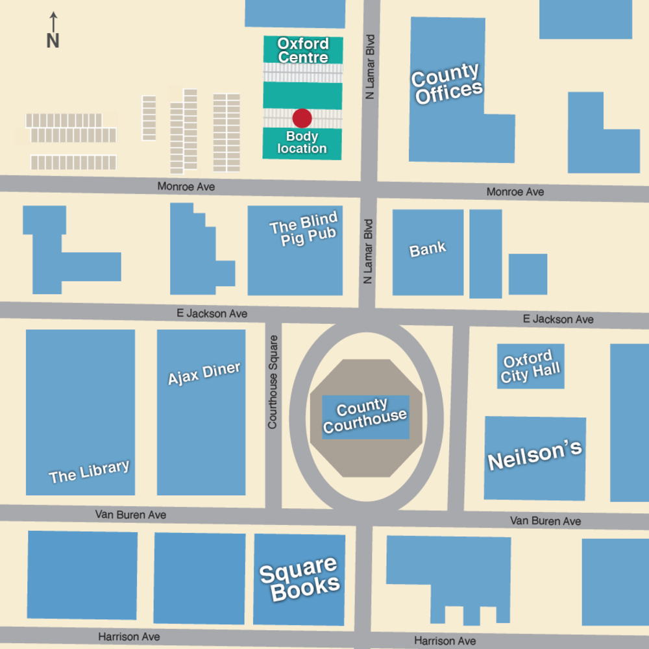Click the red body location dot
(x=302, y=118)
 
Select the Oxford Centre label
(x=303, y=50)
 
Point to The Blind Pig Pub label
(x=304, y=232)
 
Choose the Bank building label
(x=428, y=249)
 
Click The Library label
(x=90, y=472)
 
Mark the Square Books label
(x=299, y=578)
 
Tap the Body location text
(x=302, y=143)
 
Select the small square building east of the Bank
(x=528, y=274)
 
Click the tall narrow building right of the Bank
(x=485, y=253)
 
